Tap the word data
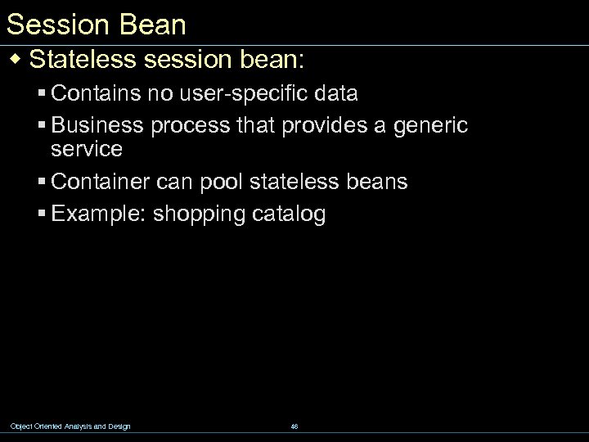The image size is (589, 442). tap(334, 94)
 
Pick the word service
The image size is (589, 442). tap(86, 149)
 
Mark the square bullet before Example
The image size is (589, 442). tap(42, 215)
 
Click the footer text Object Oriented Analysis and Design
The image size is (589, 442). tap(70, 426)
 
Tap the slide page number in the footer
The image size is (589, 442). tap(294, 426)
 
